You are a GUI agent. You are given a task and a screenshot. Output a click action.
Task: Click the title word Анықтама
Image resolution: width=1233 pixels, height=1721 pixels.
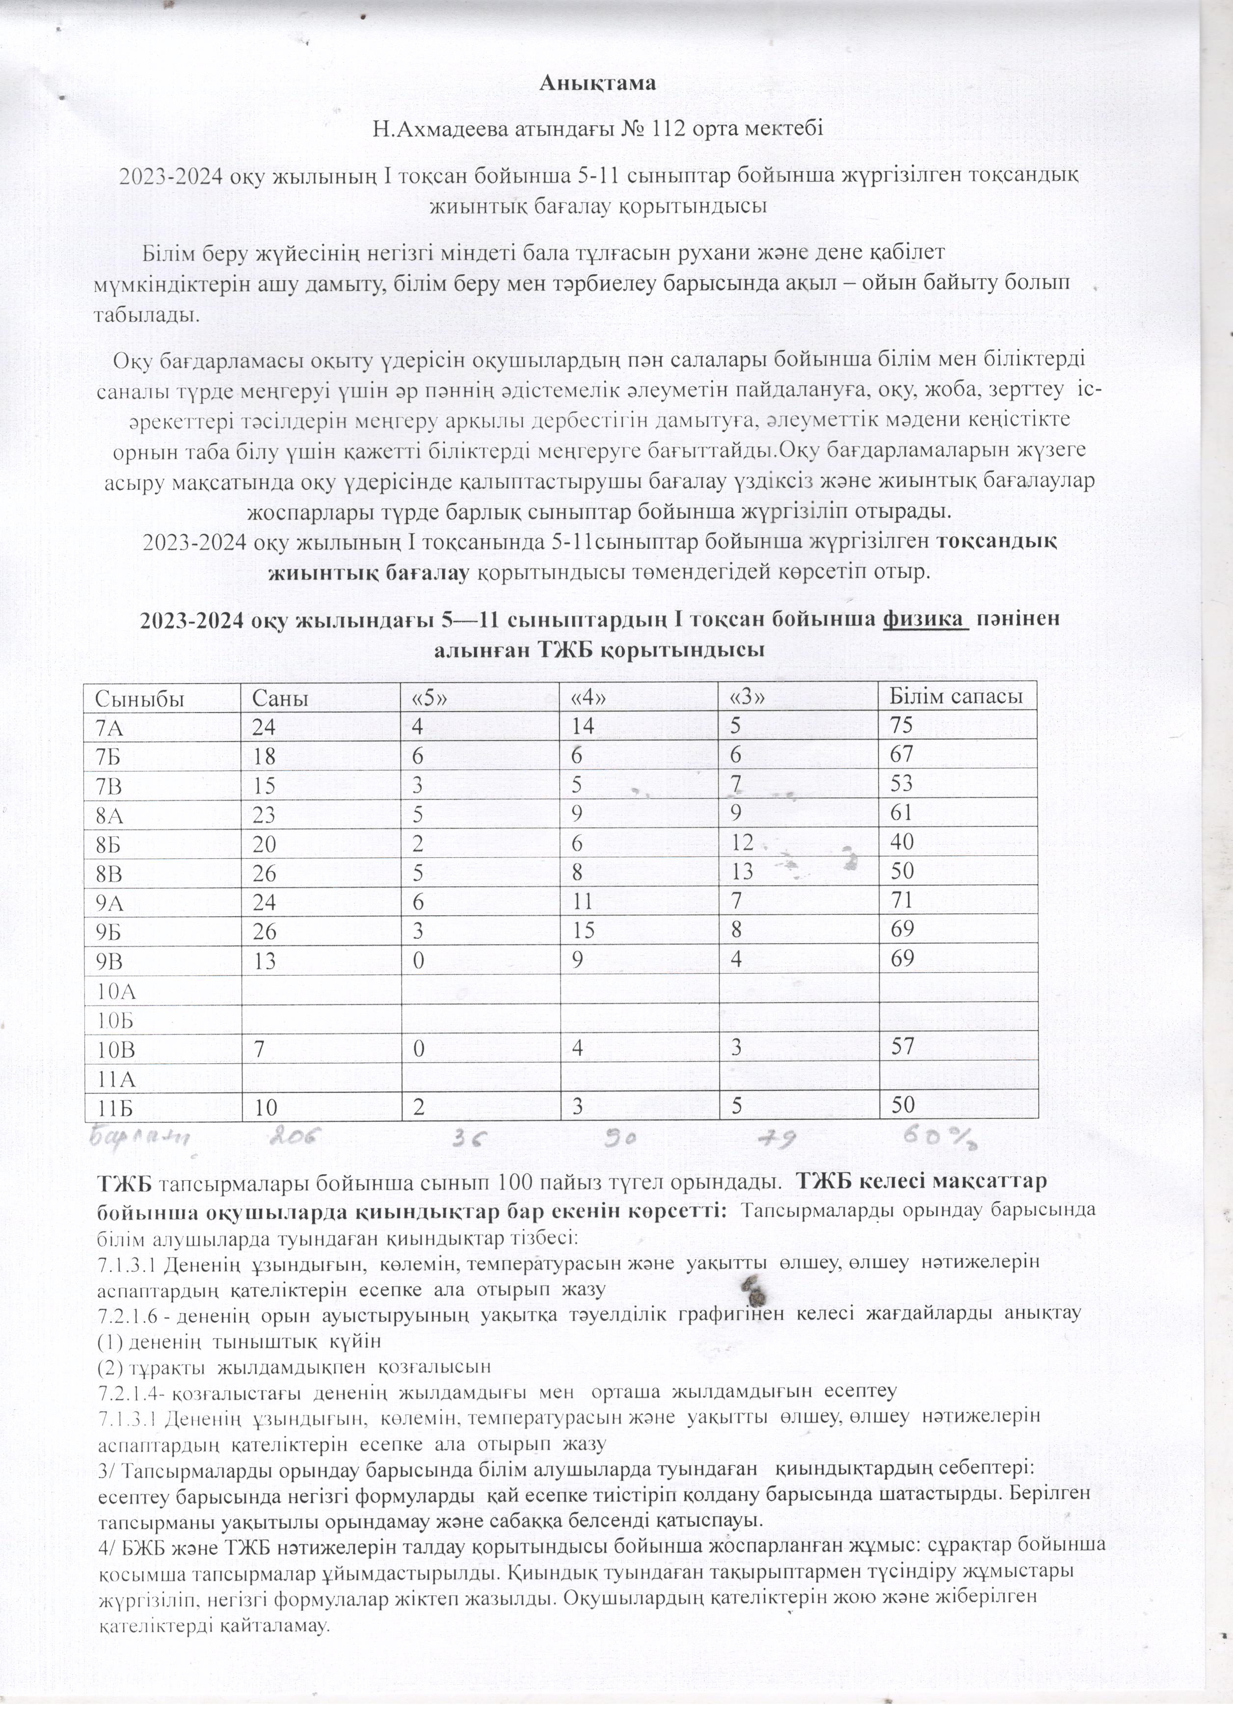[x=598, y=83]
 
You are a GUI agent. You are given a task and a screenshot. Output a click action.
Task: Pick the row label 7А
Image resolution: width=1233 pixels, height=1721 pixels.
[x=109, y=727]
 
